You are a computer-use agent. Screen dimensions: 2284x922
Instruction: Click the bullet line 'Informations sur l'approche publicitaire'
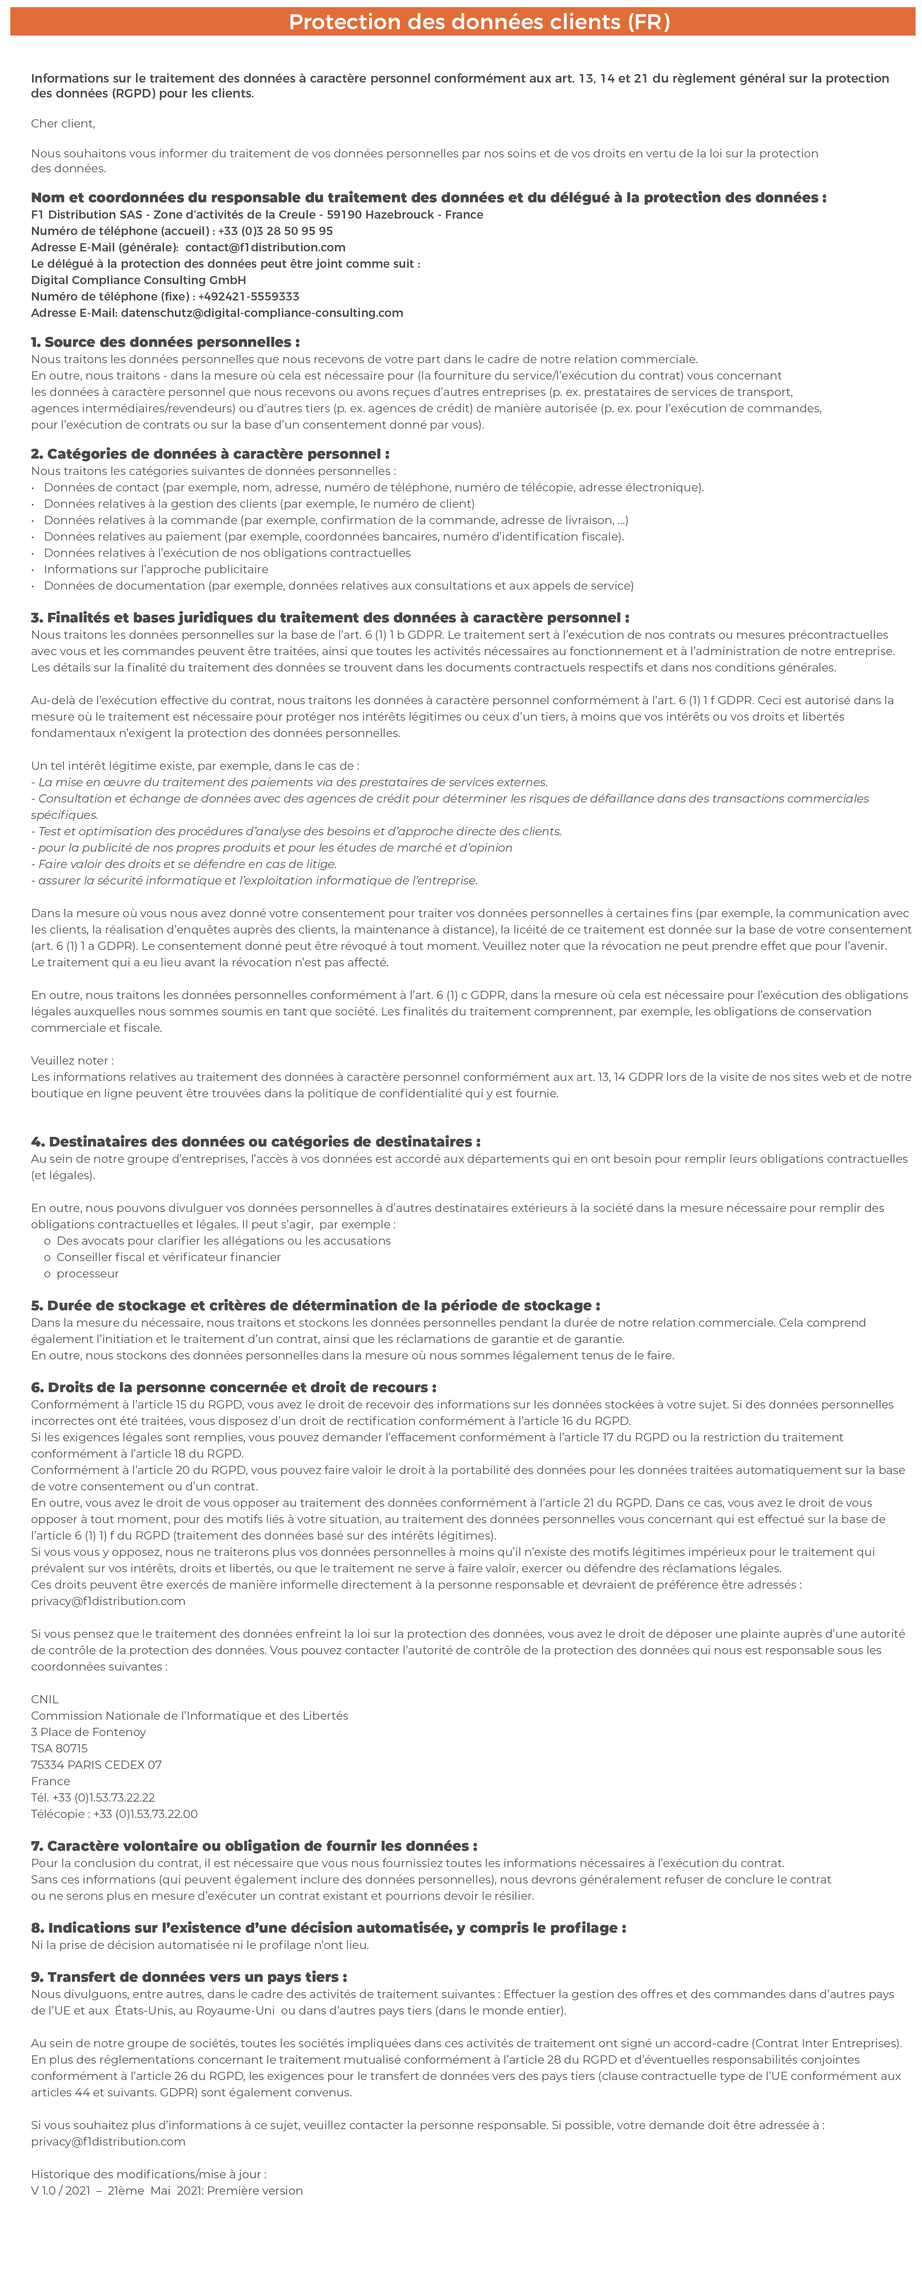[x=156, y=569]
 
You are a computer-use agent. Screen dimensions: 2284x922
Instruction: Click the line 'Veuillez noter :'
[x=72, y=1060]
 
